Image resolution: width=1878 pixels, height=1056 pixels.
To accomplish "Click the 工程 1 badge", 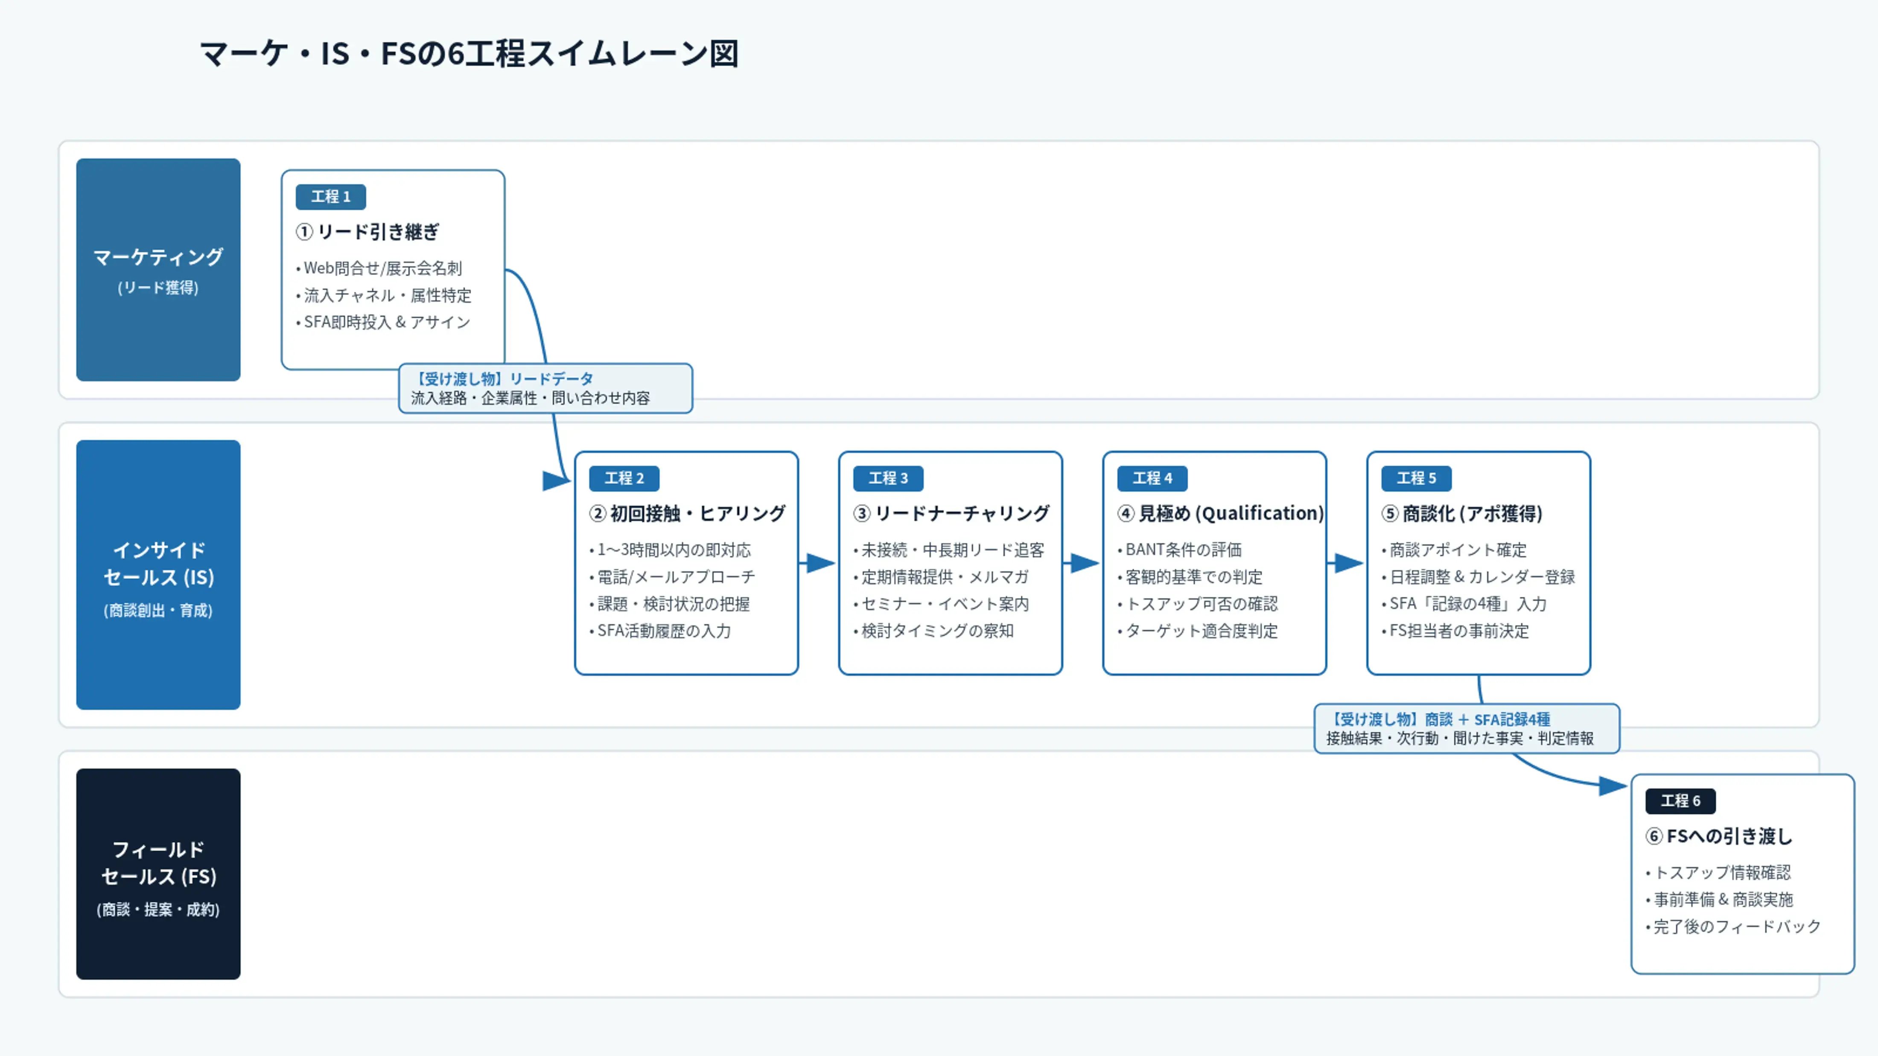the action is pos(330,197).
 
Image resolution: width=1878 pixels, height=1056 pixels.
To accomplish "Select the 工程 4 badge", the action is pos(1152,478).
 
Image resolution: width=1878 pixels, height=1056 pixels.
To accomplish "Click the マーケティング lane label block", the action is pos(158,270).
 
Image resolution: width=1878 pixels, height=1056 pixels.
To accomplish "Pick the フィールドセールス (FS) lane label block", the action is pos(158,874).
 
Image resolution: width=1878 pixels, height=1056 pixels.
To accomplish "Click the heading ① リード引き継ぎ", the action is pos(367,232).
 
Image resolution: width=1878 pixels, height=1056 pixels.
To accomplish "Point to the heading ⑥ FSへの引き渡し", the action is pos(1718,836).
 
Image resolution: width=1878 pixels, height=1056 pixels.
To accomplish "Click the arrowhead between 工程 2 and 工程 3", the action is pos(821,563).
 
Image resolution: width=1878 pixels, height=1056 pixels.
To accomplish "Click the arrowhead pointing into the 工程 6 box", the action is pos(1613,785).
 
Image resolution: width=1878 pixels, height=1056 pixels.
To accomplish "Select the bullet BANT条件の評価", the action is pos(1180,550).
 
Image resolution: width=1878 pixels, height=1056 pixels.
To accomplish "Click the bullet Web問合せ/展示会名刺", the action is pos(379,268).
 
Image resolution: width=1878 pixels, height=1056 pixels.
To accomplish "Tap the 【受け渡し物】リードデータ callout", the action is pos(545,388).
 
